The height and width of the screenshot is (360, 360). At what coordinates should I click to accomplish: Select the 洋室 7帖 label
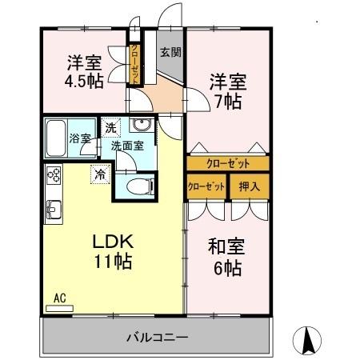[228, 91]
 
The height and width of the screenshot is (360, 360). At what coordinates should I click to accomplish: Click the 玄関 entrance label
[169, 53]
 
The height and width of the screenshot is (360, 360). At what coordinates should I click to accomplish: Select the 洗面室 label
[126, 146]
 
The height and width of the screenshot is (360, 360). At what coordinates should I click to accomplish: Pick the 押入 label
[250, 186]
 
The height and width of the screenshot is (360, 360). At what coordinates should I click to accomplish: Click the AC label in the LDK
[59, 298]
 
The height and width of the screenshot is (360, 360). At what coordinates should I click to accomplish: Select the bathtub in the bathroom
[55, 138]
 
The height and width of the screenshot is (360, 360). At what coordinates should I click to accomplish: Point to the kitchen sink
[54, 210]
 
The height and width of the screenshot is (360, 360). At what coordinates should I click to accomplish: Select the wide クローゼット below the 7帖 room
[227, 163]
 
